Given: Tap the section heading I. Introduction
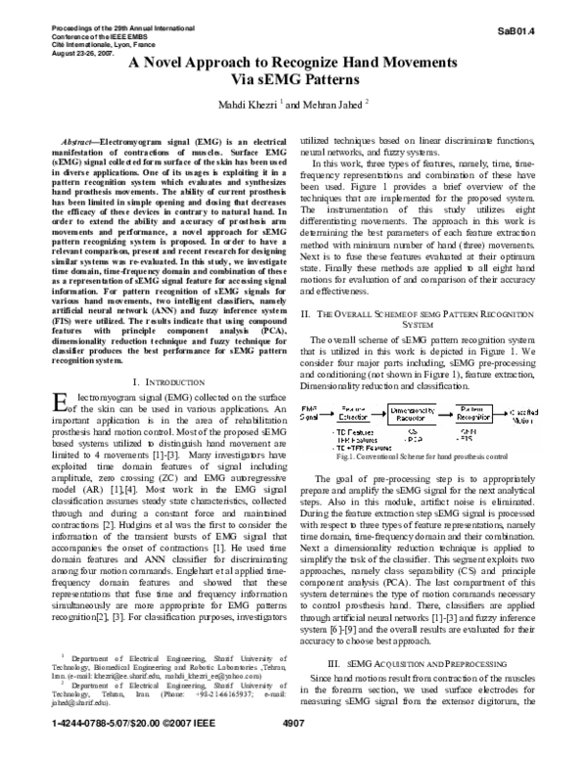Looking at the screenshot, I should (x=160, y=351).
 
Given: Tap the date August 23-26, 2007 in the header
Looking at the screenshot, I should (x=78, y=34).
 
